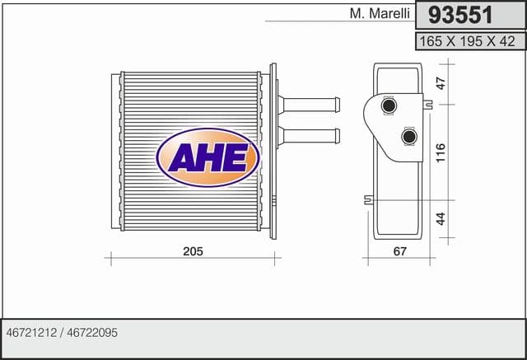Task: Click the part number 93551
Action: click(x=460, y=15)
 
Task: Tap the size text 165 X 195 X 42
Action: click(x=467, y=41)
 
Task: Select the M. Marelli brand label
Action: click(x=380, y=13)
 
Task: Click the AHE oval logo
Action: click(x=208, y=157)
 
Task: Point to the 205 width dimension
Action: click(x=193, y=251)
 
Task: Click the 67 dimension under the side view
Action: click(x=399, y=251)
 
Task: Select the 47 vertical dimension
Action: click(x=441, y=83)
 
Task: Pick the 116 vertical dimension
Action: click(x=441, y=152)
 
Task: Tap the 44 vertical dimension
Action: click(x=441, y=218)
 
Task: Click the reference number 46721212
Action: click(x=31, y=333)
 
